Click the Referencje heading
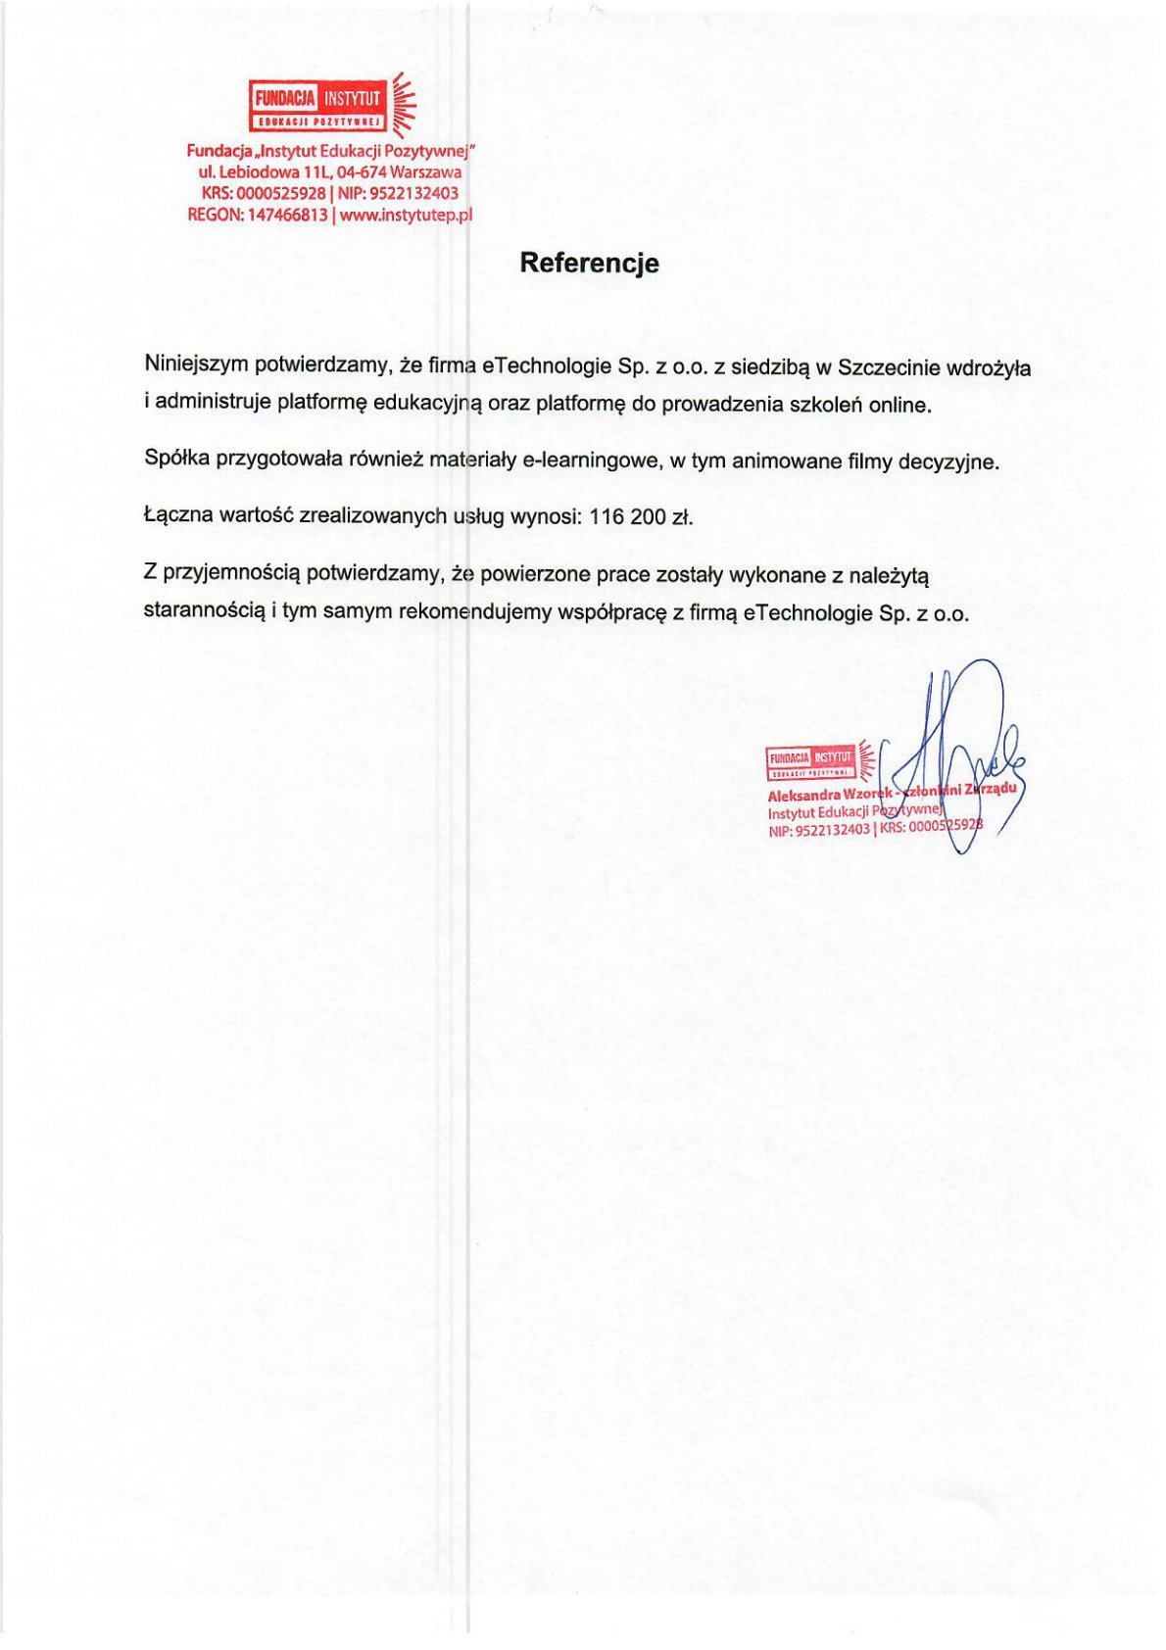[589, 263]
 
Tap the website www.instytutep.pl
[406, 215]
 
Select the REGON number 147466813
[287, 215]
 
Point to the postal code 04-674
[361, 172]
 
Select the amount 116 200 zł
[641, 517]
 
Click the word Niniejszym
[196, 364]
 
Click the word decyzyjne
[947, 462]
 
